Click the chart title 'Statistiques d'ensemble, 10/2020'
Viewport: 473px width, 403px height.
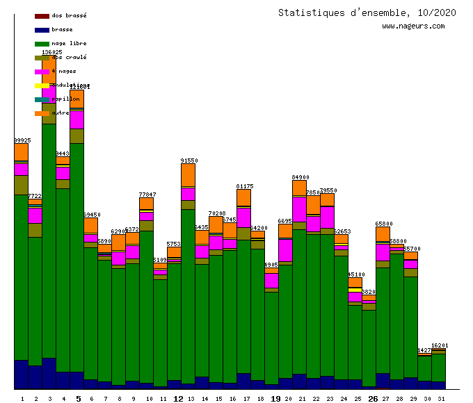367,13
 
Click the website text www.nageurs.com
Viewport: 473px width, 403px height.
413,26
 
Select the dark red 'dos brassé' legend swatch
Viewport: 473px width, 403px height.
42,15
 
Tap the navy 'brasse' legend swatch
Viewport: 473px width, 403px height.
42,30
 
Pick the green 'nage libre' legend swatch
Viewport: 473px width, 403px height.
42,44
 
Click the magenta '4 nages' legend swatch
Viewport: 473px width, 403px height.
42,72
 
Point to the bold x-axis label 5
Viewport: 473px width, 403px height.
78,399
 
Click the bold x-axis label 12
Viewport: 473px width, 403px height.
178,399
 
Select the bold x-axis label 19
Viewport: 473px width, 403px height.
275,399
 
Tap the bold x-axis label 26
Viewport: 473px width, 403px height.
373,399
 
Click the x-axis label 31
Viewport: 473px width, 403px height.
440,399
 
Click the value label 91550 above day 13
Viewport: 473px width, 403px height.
189,161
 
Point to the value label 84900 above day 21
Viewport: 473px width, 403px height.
300,177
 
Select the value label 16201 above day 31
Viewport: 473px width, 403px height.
440,345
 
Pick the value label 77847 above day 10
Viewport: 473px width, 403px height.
147,195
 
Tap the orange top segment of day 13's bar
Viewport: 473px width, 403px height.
188,175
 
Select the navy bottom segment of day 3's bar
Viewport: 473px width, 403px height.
49,373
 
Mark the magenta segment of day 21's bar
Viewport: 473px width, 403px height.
299,209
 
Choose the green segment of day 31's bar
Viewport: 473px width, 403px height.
438,367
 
